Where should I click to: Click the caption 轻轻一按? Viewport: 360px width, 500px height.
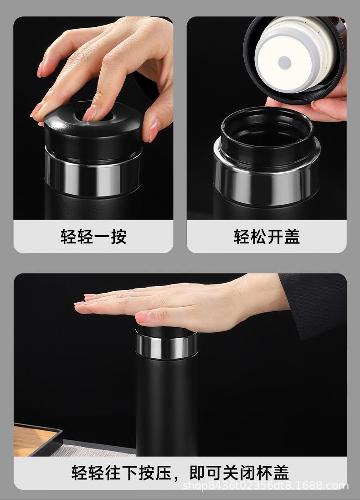coord(93,236)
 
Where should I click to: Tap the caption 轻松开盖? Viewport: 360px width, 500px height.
coord(267,236)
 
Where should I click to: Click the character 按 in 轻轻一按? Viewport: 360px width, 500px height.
coord(118,236)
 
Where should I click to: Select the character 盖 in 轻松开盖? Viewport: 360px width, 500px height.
coord(292,236)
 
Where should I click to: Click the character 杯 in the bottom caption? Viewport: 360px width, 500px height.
coord(265,473)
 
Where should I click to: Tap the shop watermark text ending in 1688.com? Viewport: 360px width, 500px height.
coord(265,486)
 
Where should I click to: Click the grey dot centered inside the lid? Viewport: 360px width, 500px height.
coord(284,63)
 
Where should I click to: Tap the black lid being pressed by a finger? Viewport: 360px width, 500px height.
coord(93,131)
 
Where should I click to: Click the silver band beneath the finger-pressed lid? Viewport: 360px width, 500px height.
coord(93,176)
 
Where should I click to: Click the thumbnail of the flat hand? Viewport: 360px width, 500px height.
coord(143,317)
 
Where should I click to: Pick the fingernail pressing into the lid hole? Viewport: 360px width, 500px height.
coord(89,113)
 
